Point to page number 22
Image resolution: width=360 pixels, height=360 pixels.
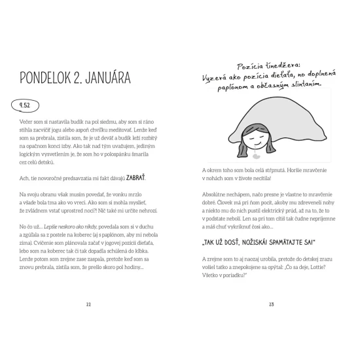coord(88,304)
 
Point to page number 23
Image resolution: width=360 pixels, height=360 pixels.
coord(271,304)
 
